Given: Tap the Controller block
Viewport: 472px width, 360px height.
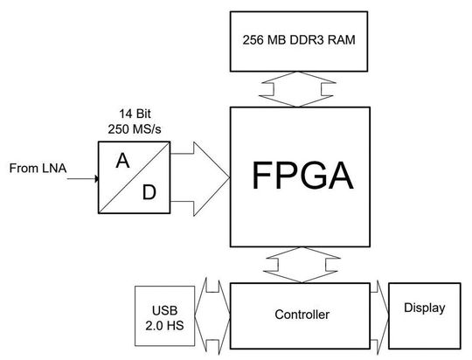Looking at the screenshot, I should coord(302,312).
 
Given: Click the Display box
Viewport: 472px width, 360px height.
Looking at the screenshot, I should coord(424,308).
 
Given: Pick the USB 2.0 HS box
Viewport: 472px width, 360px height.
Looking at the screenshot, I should coord(163,316).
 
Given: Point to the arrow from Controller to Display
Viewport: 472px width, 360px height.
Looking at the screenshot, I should coord(379,312).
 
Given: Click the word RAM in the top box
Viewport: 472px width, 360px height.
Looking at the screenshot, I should coord(343,42).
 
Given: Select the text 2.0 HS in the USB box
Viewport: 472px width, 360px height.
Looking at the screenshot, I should coord(163,325).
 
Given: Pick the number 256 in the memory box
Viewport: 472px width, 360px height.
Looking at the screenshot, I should coord(249,42).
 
